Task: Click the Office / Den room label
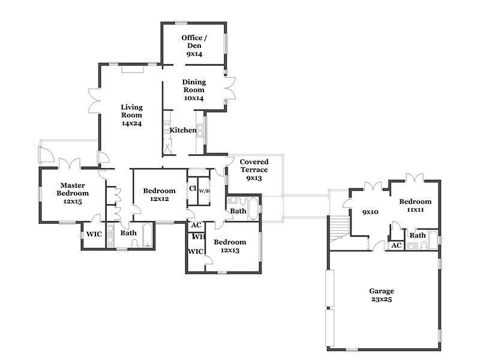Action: click(194, 46)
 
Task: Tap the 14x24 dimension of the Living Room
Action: click(131, 124)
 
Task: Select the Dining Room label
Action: click(194, 90)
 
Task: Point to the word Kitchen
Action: click(183, 130)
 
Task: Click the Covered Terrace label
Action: click(254, 170)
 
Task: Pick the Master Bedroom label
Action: click(73, 193)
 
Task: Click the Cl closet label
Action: click(192, 188)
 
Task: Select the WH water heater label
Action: click(199, 236)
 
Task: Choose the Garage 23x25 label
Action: click(382, 295)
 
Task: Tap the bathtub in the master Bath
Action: click(148, 235)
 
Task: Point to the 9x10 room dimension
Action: click(370, 212)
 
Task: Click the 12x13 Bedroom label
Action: click(230, 246)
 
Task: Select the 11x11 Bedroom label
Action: click(415, 206)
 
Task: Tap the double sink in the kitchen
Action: click(200, 130)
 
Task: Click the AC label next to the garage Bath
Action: click(397, 245)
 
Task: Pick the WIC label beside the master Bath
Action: click(94, 234)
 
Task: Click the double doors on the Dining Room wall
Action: click(230, 88)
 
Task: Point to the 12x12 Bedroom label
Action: click(160, 194)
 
